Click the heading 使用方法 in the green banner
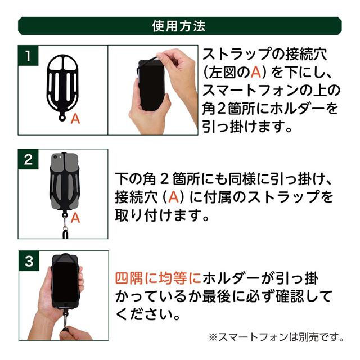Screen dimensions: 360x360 click(179, 26)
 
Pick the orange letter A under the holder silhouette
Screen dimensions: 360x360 click(75, 119)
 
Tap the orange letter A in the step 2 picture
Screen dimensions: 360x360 click(75, 218)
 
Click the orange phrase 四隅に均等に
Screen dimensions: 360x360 click(157, 279)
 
